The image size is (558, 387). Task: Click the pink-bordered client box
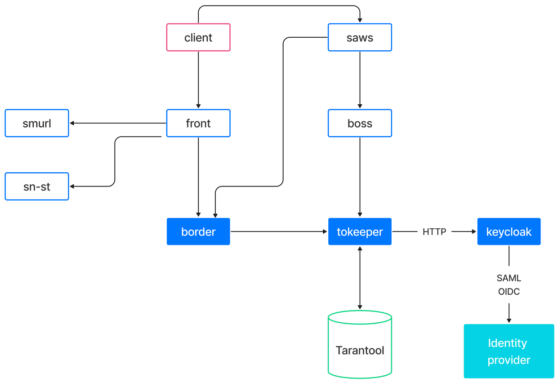[x=198, y=37]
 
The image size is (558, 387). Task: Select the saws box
[x=360, y=37]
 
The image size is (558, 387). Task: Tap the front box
[x=198, y=123]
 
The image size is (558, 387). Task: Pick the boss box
[x=360, y=123]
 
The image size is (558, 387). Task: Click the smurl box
[x=37, y=123]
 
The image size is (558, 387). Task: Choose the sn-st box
[x=37, y=186]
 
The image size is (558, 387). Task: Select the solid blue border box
[x=198, y=231]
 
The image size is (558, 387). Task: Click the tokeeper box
[x=360, y=231]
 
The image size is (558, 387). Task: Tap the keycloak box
[x=509, y=231]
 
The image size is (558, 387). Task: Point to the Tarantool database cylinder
[x=360, y=344]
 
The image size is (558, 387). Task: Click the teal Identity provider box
[x=509, y=351]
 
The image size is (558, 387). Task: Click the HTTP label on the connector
[x=434, y=232]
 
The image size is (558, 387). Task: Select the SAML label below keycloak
[x=509, y=278]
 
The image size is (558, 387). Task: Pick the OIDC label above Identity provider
[x=509, y=291]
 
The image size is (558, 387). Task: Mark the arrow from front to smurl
[x=118, y=123]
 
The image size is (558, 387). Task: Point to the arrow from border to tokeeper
[x=279, y=231]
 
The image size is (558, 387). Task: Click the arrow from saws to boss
[x=360, y=80]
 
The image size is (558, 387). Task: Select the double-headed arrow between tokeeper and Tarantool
[x=360, y=278]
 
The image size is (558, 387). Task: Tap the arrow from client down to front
[x=198, y=80]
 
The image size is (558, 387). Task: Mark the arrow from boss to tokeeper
[x=360, y=177]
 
